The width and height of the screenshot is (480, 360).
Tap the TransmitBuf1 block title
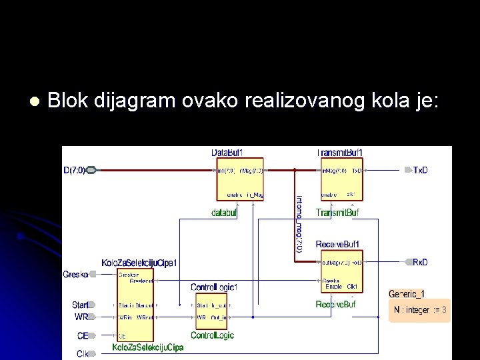pyautogui.click(x=339, y=153)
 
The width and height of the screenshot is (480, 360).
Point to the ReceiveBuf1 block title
pyautogui.click(x=338, y=245)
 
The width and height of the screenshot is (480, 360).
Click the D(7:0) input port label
pyautogui.click(x=75, y=170)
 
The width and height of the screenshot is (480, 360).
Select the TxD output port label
pyautogui.click(x=421, y=170)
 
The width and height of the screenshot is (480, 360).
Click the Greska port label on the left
pyautogui.click(x=75, y=274)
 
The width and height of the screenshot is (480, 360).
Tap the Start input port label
pyautogui.click(x=80, y=305)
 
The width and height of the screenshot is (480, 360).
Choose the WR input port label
pyautogui.click(x=81, y=317)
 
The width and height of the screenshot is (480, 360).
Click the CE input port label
pyautogui.click(x=83, y=336)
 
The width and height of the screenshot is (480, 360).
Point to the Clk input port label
pyautogui.click(x=83, y=353)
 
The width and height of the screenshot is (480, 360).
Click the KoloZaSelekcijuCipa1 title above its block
pyautogui.click(x=139, y=263)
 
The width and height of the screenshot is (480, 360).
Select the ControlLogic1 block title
pyautogui.click(x=214, y=287)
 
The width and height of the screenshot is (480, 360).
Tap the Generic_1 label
pyautogui.click(x=407, y=293)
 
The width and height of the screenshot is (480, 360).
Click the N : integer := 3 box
pyautogui.click(x=420, y=310)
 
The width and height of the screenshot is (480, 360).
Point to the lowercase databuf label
pyautogui.click(x=225, y=213)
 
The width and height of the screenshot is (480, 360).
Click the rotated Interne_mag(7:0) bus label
pyautogui.click(x=299, y=223)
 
